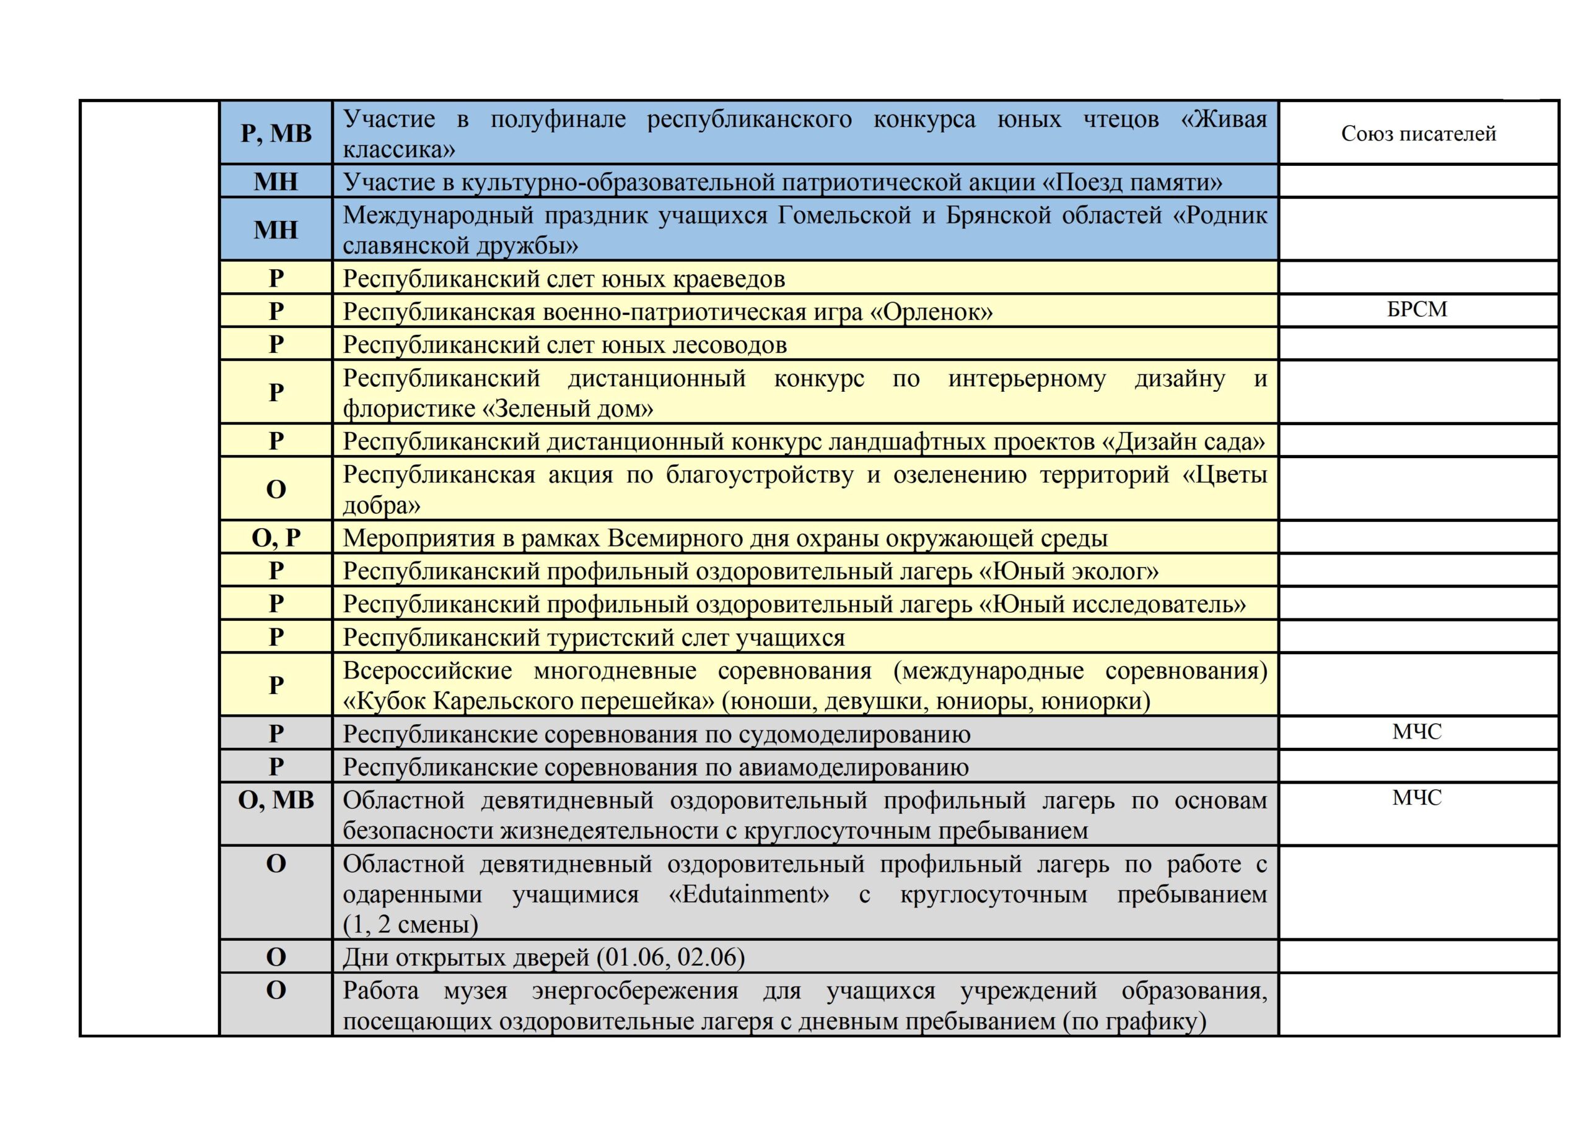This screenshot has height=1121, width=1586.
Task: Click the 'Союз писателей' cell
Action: [1418, 133]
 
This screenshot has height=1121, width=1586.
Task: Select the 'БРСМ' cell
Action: [1417, 309]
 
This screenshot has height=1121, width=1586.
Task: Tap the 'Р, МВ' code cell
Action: [276, 133]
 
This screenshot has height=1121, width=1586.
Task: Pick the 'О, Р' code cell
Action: [276, 538]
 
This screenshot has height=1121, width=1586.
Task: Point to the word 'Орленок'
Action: [931, 312]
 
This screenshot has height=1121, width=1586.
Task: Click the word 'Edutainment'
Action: [750, 894]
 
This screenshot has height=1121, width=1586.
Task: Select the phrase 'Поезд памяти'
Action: [1131, 182]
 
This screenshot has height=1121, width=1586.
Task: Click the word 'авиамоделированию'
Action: [854, 768]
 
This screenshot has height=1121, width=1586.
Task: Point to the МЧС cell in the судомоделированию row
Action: [1417, 732]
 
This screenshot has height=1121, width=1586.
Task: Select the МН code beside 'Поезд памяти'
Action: [276, 181]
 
